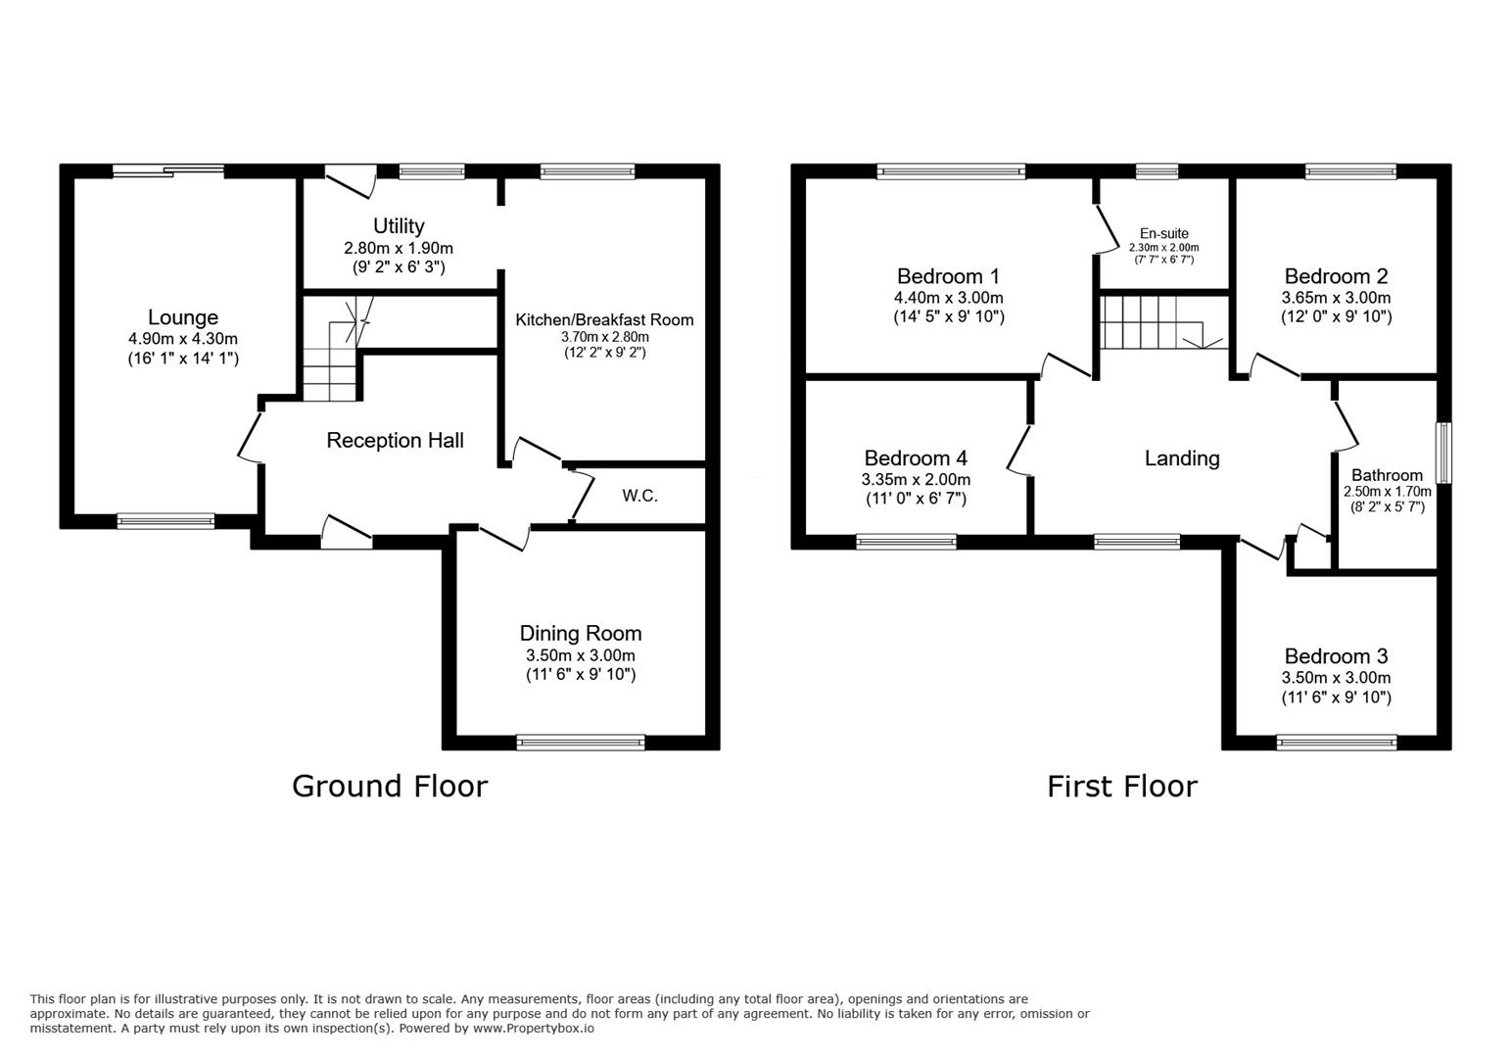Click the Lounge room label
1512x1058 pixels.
point(183,317)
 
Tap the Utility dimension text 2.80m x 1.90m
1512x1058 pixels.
point(399,249)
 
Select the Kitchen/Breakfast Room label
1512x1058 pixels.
point(604,320)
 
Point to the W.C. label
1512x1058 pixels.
point(639,497)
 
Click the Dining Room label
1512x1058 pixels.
point(581,633)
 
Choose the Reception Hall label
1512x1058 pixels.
point(395,440)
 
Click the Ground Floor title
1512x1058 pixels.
point(390,787)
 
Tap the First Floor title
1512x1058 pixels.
point(1122,787)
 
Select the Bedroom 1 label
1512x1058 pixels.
point(948,276)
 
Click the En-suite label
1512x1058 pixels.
point(1164,233)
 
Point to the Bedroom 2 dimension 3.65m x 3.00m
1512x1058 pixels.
point(1336,298)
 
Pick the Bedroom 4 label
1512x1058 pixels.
point(916,458)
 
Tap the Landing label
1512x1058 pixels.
point(1182,458)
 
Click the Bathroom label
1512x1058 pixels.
point(1387,475)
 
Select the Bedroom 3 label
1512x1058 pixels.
point(1336,656)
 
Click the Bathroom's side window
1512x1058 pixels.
point(1443,453)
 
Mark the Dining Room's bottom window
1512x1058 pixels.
point(581,743)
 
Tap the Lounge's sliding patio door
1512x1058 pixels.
point(168,170)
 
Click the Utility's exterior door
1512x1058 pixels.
point(351,180)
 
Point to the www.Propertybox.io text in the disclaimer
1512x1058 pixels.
point(534,1029)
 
